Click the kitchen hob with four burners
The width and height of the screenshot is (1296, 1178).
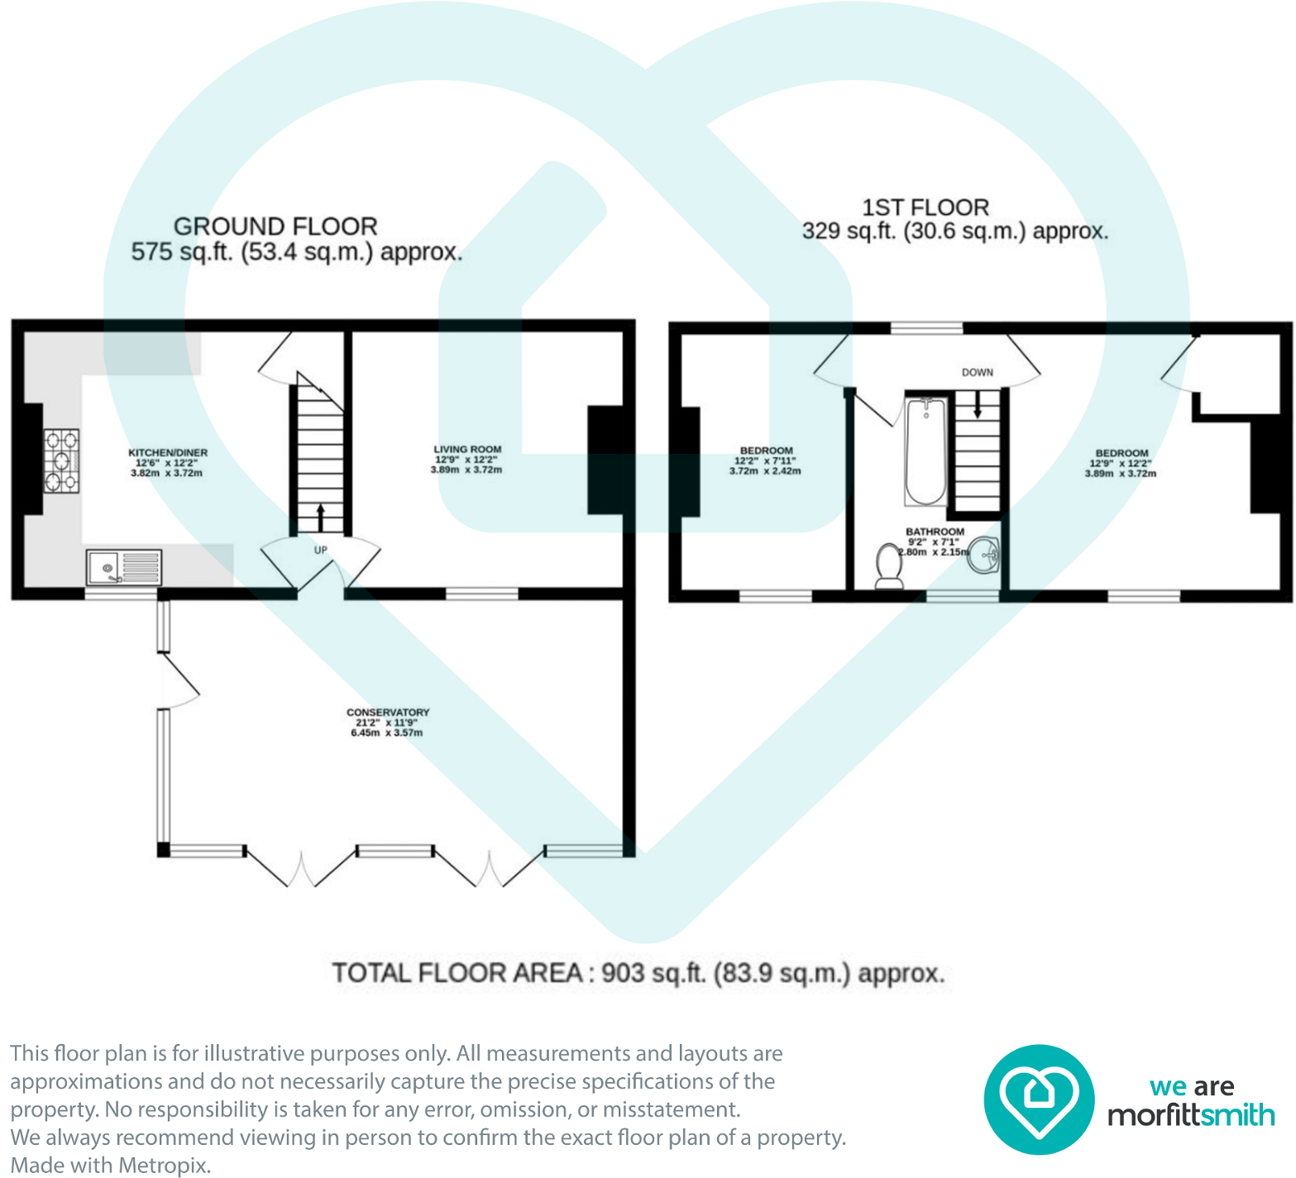click(x=62, y=461)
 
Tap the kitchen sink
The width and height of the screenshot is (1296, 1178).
click(x=124, y=568)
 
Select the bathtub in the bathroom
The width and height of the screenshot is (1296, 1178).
click(x=926, y=451)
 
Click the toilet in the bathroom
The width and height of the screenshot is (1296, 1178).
click(x=889, y=566)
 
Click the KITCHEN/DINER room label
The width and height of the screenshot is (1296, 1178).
click(x=168, y=453)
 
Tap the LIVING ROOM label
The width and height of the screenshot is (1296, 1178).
click(x=467, y=450)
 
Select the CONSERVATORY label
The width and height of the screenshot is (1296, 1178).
click(x=388, y=713)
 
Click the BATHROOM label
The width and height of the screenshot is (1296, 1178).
click(x=935, y=532)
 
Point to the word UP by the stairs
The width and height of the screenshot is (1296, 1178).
click(x=321, y=550)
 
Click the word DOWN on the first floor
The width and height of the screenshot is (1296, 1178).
click(x=978, y=373)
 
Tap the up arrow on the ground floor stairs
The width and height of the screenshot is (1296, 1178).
click(x=320, y=517)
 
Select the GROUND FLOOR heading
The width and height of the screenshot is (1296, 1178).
click(x=275, y=227)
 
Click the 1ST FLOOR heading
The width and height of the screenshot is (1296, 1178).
click(x=925, y=207)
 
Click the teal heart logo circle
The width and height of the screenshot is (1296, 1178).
click(x=1039, y=1099)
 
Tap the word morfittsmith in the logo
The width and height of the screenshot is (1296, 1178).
click(x=1191, y=1116)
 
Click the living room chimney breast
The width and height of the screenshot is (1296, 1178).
click(x=605, y=460)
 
